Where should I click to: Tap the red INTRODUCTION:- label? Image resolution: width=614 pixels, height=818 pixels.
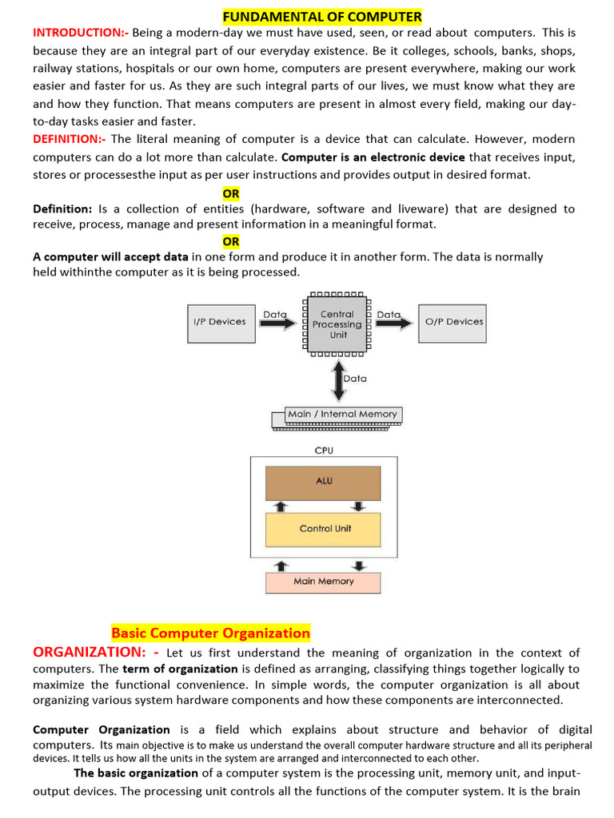click(x=80, y=33)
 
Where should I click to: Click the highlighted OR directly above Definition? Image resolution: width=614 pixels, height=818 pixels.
click(x=231, y=193)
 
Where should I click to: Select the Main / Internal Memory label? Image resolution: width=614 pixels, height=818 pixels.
click(x=342, y=415)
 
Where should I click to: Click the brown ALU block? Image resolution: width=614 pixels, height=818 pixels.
click(x=323, y=482)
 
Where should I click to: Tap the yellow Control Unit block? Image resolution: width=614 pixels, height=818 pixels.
click(x=323, y=529)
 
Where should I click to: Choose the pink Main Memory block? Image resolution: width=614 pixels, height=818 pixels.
click(x=323, y=582)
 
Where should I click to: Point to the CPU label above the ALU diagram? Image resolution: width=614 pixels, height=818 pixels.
click(x=324, y=451)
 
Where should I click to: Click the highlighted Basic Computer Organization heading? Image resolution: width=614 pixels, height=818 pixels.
click(x=210, y=633)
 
